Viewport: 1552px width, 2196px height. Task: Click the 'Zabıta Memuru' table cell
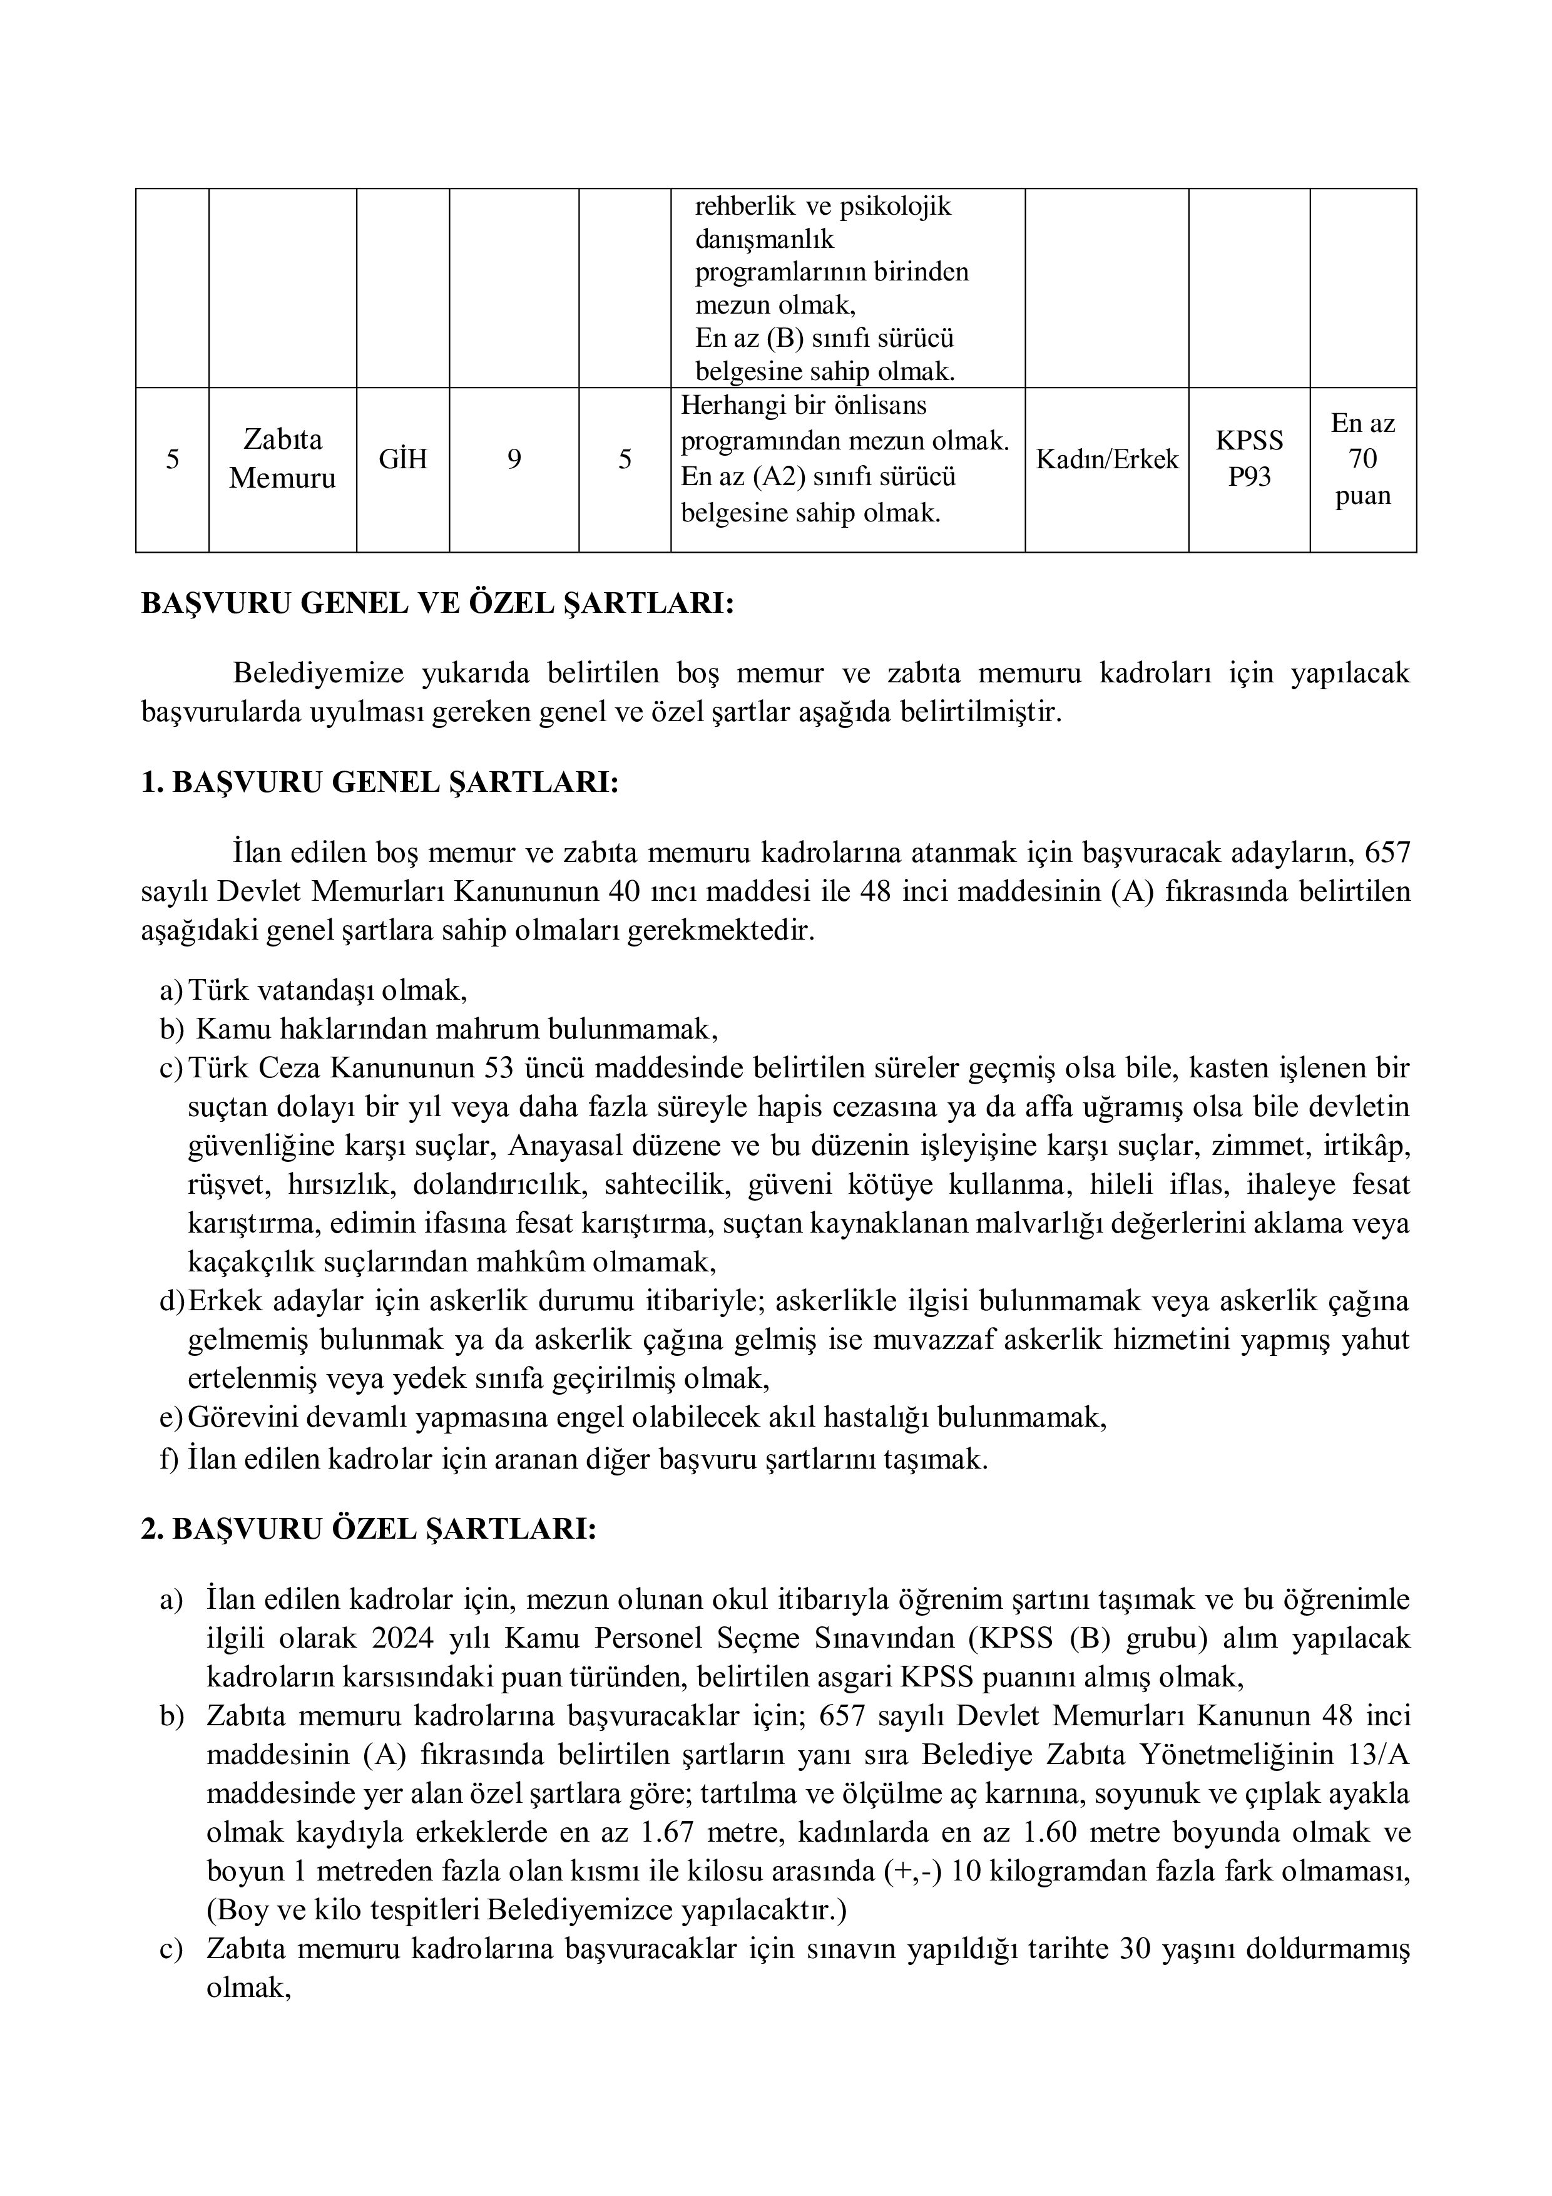click(x=282, y=458)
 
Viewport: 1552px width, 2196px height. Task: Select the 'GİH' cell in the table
click(x=402, y=459)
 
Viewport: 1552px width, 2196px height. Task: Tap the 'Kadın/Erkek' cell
click(x=1106, y=459)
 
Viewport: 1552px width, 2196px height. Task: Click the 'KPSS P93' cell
click(x=1249, y=458)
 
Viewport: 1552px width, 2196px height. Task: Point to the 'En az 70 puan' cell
click(x=1362, y=459)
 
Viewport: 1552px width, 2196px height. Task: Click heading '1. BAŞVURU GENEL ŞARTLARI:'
click(x=380, y=782)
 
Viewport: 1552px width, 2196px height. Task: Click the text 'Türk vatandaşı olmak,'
click(x=328, y=989)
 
